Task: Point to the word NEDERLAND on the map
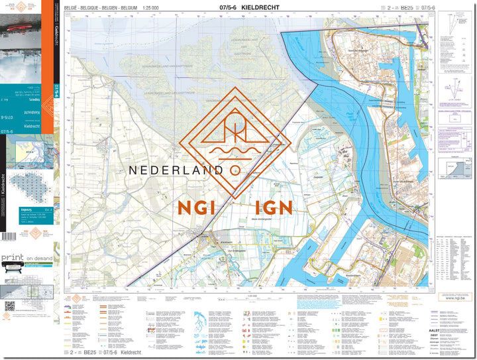click(175, 170)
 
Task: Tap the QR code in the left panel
click(10, 307)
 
